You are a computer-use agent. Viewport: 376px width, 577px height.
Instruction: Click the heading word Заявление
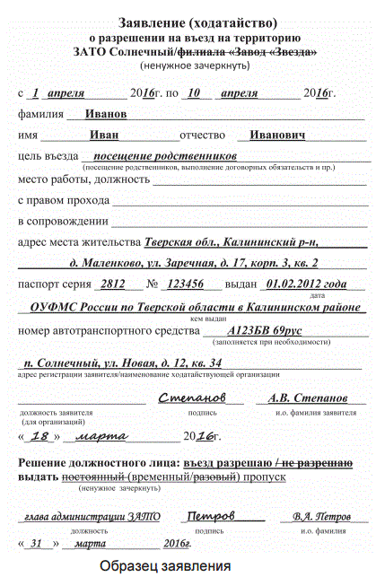click(149, 22)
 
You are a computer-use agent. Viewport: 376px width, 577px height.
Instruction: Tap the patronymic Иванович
click(277, 136)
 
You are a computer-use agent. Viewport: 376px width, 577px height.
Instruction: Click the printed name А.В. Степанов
click(307, 397)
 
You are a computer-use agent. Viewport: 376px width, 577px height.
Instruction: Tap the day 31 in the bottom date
click(37, 543)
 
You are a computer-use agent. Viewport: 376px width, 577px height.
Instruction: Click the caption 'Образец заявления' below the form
click(165, 566)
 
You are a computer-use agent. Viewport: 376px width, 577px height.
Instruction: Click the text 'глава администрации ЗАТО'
click(80, 518)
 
